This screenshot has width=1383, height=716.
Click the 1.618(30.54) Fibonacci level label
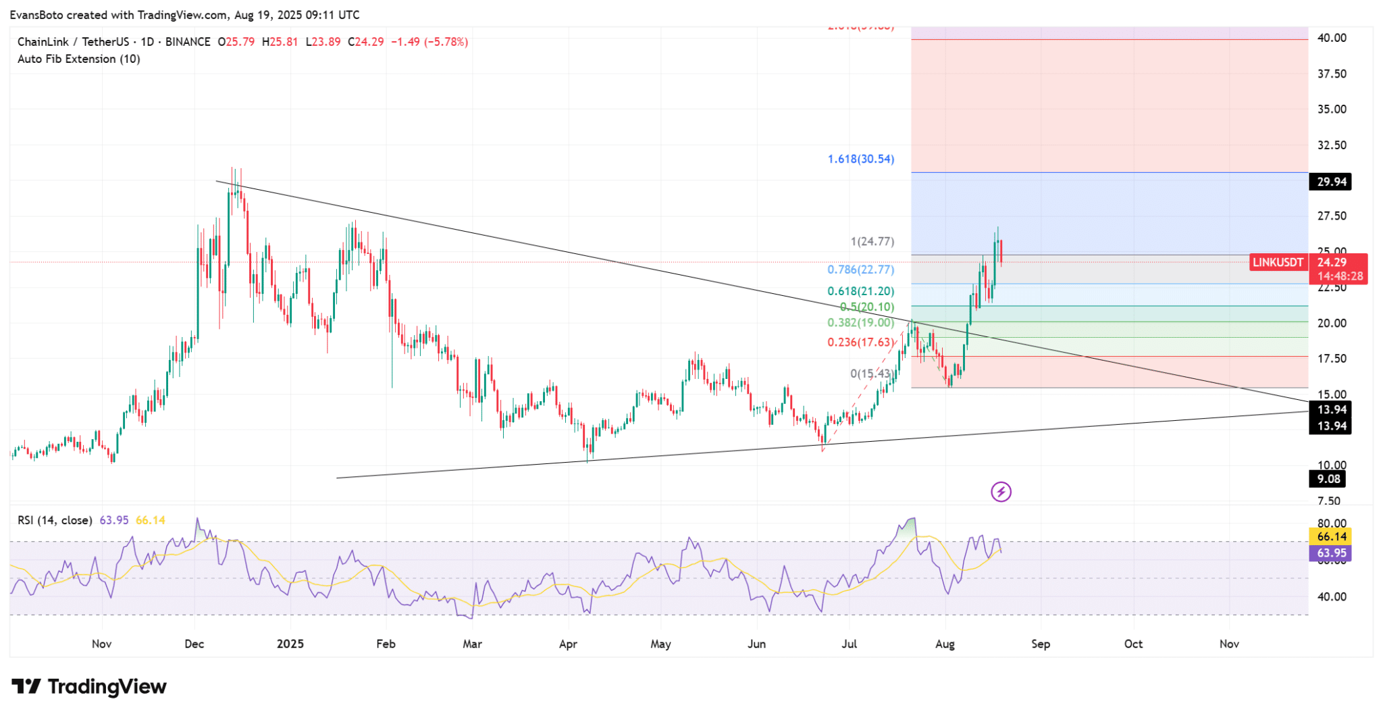[x=860, y=159]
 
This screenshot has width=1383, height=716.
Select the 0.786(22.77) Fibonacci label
[x=860, y=270]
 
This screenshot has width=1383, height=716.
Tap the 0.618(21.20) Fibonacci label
[x=860, y=291]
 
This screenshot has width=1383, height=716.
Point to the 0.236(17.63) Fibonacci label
[x=860, y=342]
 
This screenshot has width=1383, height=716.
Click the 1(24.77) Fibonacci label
[x=872, y=241]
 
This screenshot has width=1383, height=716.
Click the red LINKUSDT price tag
[x=1278, y=263]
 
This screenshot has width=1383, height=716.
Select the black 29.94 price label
[x=1330, y=182]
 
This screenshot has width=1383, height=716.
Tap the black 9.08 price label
[x=1328, y=479]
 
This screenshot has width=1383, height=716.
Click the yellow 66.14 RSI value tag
[x=1331, y=536]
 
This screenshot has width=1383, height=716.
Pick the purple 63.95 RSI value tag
[x=1331, y=553]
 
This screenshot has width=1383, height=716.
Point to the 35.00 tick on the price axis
[x=1332, y=109]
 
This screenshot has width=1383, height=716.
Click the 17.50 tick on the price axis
[x=1332, y=359]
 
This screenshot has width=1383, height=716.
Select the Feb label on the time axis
[x=386, y=644]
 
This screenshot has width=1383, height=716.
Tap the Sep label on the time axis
[x=1041, y=644]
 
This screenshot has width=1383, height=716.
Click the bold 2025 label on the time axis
[x=290, y=644]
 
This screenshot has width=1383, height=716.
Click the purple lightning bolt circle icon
[x=1001, y=492]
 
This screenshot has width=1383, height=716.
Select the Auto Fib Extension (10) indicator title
[x=79, y=59]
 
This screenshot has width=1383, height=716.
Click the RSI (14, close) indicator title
[x=55, y=520]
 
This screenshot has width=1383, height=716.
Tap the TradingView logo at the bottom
[x=89, y=687]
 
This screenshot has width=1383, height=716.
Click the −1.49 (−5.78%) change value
[x=429, y=42]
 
